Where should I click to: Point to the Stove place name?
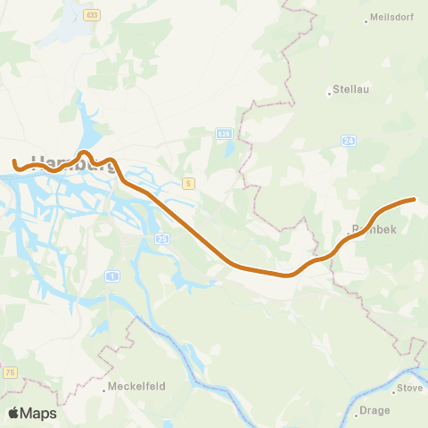(x=410, y=388)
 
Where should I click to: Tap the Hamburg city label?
(x=67, y=162)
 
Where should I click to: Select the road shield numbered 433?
(x=92, y=15)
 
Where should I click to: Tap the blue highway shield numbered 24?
(x=349, y=140)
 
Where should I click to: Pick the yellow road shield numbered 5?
(x=188, y=183)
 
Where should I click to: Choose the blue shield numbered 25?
(x=162, y=239)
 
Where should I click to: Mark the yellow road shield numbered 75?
(x=9, y=372)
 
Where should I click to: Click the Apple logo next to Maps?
(x=13, y=413)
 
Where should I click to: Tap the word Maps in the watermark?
(x=39, y=413)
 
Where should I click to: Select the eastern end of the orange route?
(x=414, y=200)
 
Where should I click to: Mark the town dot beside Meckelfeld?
(x=102, y=387)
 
